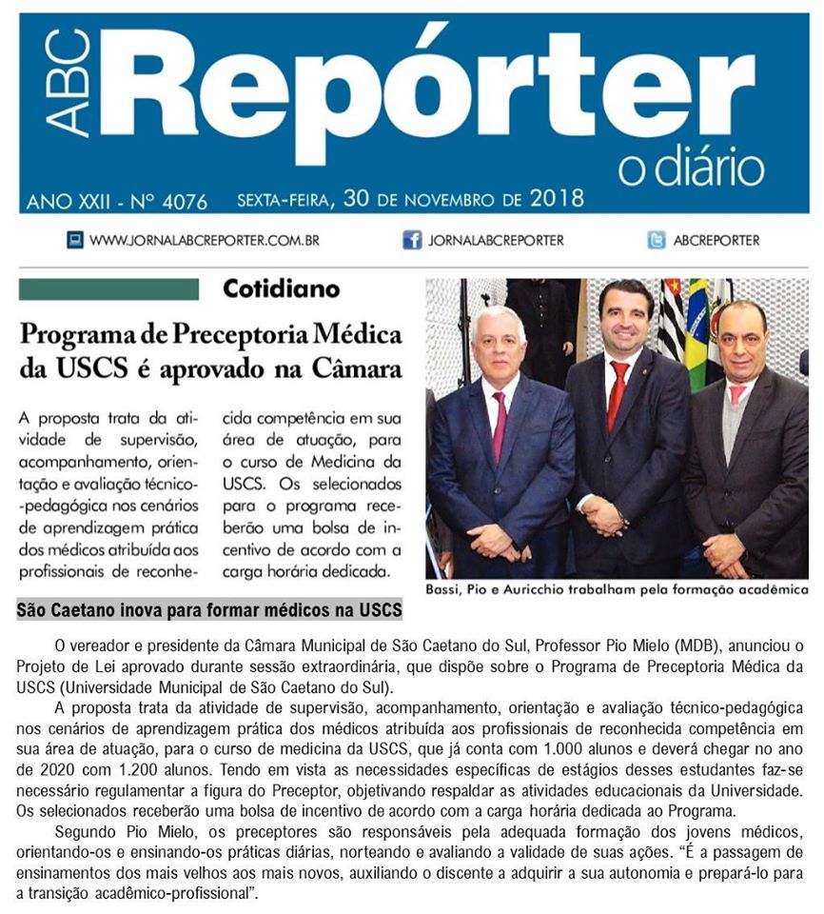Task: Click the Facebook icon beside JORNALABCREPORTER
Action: coord(412,240)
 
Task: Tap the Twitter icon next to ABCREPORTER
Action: coord(657,240)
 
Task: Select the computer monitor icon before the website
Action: coord(75,240)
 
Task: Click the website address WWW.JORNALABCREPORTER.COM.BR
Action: coord(204,241)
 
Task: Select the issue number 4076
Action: coord(184,201)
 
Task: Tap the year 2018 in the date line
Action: coord(557,200)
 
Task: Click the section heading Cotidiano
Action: coord(281,288)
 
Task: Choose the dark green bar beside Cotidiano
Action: coord(108,288)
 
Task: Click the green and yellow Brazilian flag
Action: coord(697,333)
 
